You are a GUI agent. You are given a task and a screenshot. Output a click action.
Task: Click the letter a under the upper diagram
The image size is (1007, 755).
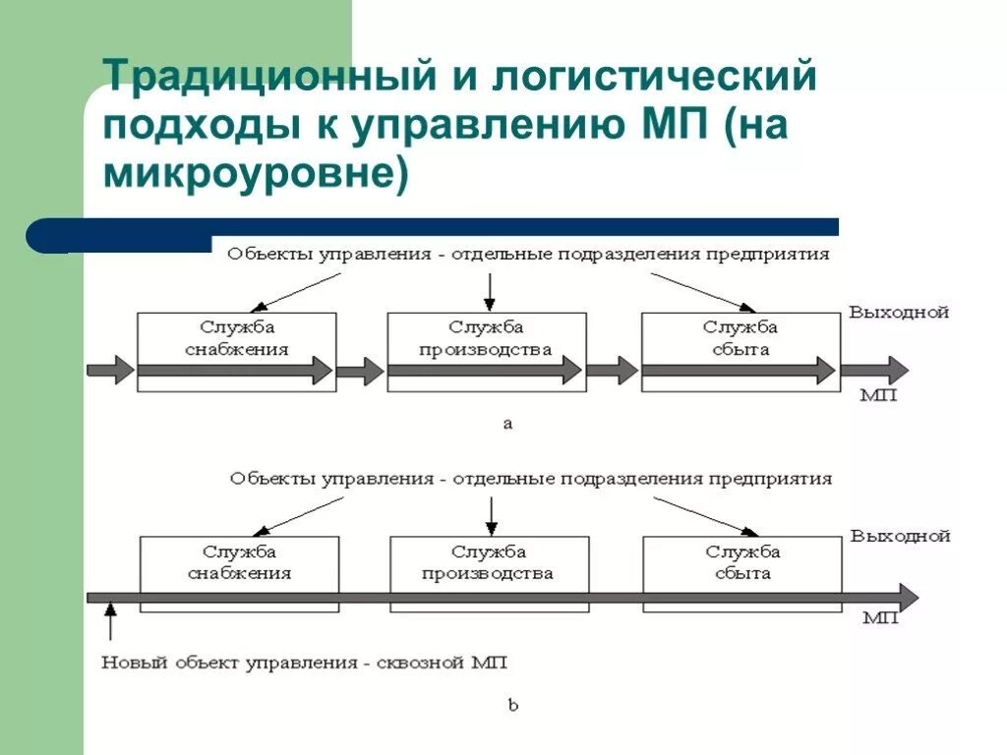tap(507, 425)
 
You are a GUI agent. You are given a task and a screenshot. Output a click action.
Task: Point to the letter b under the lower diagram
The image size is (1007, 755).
tap(512, 705)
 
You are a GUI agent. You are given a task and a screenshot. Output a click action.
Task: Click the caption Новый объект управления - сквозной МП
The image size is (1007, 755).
tap(304, 663)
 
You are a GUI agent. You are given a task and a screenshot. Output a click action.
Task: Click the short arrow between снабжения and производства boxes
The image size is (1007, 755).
tap(360, 371)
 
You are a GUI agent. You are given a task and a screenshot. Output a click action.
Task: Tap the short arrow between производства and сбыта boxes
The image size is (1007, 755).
tap(614, 371)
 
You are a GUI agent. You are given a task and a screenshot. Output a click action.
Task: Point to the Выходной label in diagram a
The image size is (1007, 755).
tap(899, 313)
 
